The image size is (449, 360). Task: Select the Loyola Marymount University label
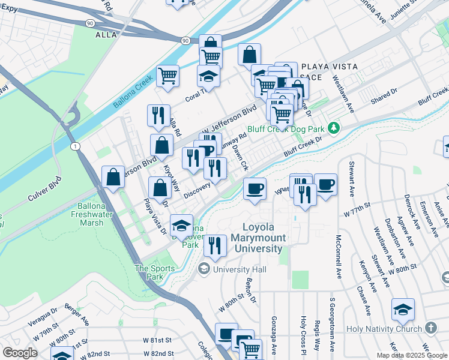click(263, 238)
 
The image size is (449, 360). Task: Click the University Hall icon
click(205, 269)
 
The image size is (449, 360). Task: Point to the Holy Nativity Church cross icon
click(430, 328)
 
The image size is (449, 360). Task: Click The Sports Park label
click(149, 272)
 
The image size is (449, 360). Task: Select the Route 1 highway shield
click(74, 146)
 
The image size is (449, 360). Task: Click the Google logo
click(20, 353)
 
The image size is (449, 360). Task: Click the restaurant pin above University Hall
click(214, 244)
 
